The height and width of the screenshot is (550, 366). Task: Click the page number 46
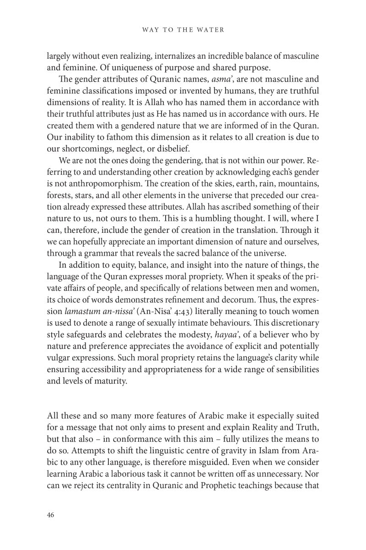click(x=50, y=515)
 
